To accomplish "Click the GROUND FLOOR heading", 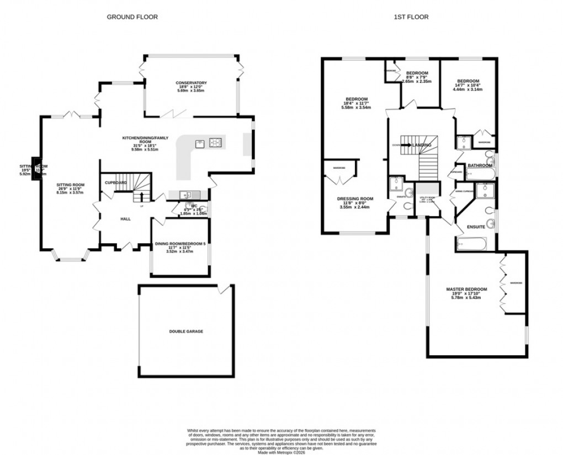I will click(132, 17).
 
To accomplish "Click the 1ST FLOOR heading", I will click(411, 17).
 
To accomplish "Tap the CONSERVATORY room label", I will click(191, 83).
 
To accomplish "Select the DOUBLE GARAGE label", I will click(187, 331).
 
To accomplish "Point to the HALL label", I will click(125, 219).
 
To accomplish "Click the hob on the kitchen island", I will click(216, 143).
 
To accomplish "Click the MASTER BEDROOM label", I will click(466, 289).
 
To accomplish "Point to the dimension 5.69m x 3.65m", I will click(191, 90).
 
